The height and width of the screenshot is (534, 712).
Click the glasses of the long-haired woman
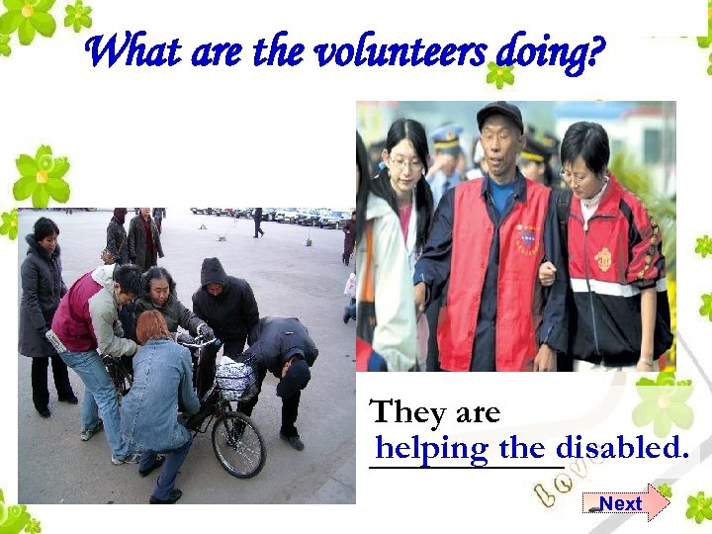[x=404, y=161]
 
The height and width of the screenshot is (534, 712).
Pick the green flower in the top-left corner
[x=30, y=20]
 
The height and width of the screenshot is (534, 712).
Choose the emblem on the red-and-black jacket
[x=602, y=258]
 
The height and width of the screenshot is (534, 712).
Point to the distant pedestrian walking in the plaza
[x=258, y=222]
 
